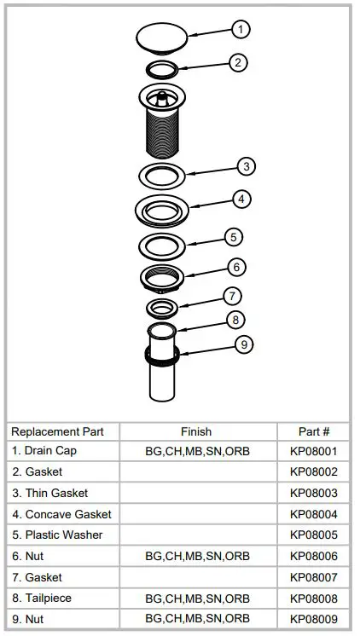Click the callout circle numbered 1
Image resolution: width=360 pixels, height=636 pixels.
coord(241,30)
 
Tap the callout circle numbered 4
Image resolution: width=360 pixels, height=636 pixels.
coord(241,199)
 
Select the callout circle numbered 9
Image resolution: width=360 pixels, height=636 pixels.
coord(244,345)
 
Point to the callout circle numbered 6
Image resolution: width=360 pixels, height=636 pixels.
coord(237,267)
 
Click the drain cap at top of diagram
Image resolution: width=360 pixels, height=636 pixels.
coord(162,37)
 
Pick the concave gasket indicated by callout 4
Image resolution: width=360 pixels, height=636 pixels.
coord(161,209)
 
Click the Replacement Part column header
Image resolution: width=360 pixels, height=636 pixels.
coord(57,431)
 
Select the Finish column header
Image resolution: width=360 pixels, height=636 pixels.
coord(196,431)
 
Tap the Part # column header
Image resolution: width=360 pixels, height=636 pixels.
coord(313,431)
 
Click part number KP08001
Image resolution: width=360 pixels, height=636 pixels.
coord(313,451)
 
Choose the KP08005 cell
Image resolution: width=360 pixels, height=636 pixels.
coord(313,535)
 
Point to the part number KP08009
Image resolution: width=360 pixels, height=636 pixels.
coord(313,618)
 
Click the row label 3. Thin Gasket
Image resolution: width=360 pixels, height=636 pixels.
coord(49,493)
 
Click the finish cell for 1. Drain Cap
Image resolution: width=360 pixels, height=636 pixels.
coord(197,451)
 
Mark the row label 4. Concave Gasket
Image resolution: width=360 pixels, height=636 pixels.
coord(61,514)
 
